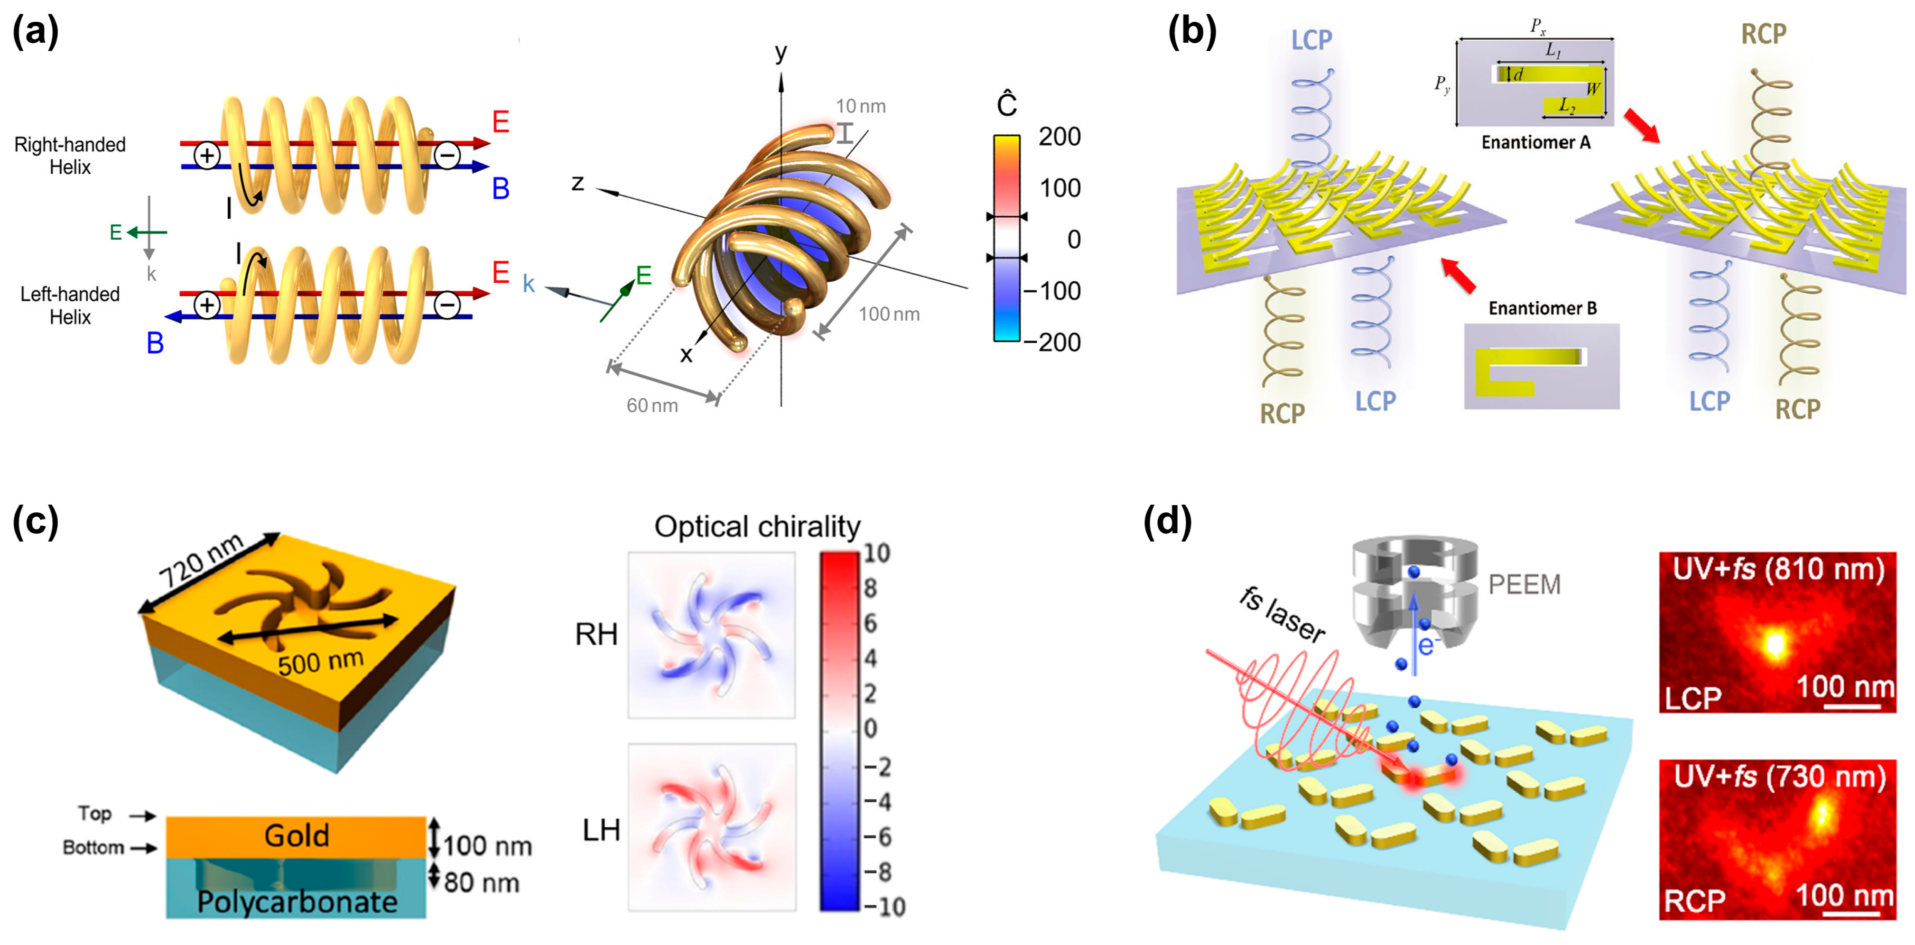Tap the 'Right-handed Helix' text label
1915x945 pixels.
[70, 156]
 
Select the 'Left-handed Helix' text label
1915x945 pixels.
[70, 305]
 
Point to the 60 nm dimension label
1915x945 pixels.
[652, 405]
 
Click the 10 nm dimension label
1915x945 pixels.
[860, 106]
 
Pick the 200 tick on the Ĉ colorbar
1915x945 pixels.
[1060, 137]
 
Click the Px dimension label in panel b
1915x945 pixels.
[1537, 26]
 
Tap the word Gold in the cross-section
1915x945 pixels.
[297, 836]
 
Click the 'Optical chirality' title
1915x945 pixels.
[757, 527]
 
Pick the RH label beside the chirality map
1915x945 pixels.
[596, 634]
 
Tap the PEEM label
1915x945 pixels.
[1524, 585]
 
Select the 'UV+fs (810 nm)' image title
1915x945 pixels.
[1778, 570]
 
